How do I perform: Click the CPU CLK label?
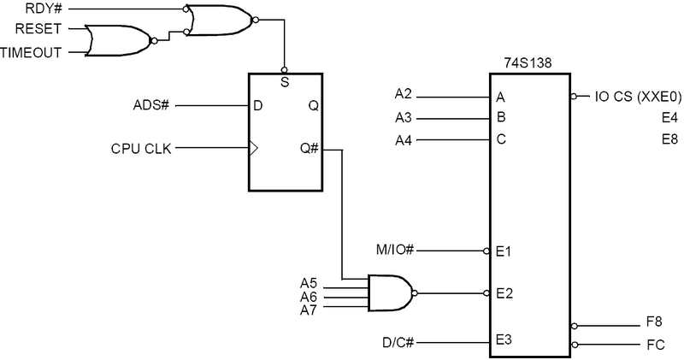click(x=141, y=149)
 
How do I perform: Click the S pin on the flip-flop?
click(x=285, y=83)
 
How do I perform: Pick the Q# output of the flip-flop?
click(x=310, y=149)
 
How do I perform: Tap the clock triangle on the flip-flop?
click(x=253, y=149)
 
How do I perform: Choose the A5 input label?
click(x=309, y=283)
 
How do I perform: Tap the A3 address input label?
click(x=404, y=118)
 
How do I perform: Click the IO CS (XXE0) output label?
click(x=636, y=97)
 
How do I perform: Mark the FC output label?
click(x=654, y=345)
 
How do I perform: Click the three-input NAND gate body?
click(x=389, y=293)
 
